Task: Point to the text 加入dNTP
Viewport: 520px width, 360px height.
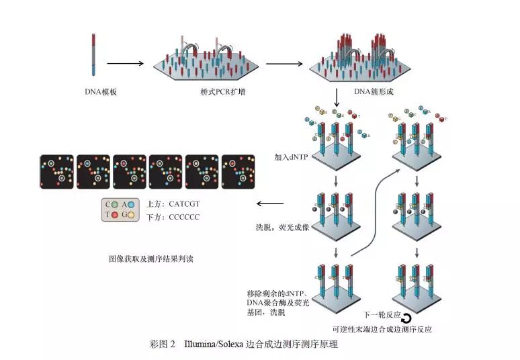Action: [x=290, y=158]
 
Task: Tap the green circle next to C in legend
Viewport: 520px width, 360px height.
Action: [x=117, y=204]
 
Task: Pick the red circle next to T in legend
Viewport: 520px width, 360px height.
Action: [x=117, y=215]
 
